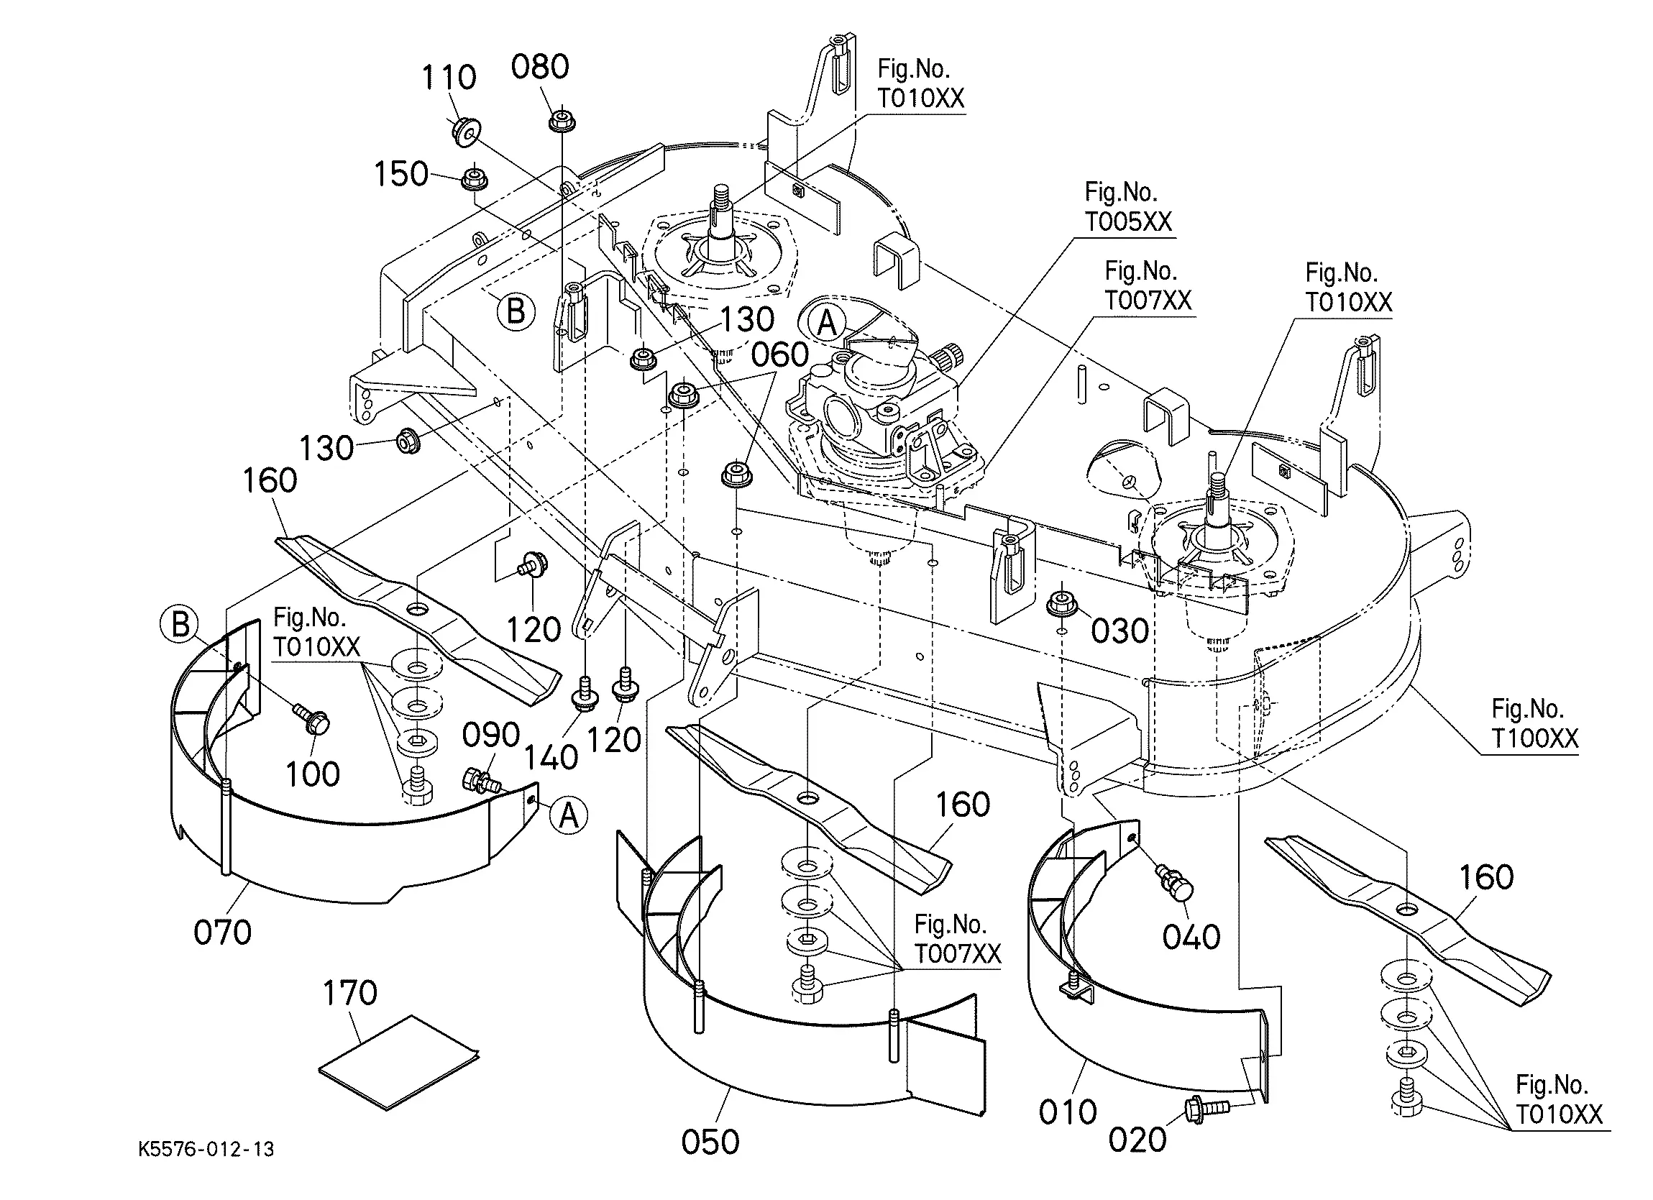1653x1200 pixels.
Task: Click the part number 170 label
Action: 350,993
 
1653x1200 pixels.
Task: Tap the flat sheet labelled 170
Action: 399,1062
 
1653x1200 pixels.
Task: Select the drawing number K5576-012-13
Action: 206,1150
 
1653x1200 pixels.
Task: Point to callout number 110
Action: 449,77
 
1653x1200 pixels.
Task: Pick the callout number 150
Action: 401,174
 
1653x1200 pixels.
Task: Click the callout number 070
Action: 222,933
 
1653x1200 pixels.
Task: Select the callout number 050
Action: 710,1142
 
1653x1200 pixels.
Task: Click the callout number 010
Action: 1068,1112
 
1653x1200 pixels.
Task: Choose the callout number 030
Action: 1120,631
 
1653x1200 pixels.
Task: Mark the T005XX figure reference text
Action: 1128,221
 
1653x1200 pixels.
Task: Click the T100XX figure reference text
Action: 1534,738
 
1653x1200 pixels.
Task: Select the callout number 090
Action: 491,735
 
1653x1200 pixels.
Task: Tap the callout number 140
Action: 551,759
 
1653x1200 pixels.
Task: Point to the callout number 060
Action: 780,355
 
